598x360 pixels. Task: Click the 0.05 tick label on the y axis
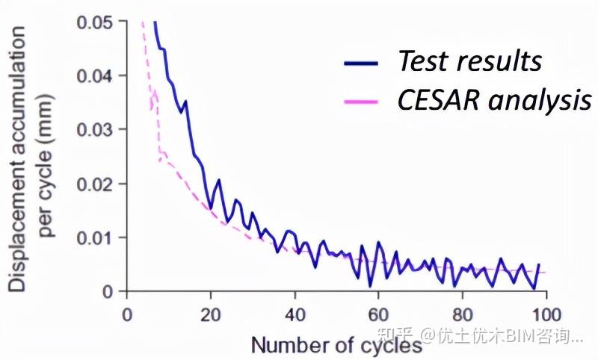click(95, 22)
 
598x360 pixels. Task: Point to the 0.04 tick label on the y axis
click(95, 76)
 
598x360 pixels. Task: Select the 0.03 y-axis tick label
click(95, 130)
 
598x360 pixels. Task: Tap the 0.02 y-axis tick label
click(95, 184)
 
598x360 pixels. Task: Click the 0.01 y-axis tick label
click(95, 238)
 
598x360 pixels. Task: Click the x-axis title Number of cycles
click(336, 345)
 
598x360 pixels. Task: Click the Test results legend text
click(469, 61)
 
